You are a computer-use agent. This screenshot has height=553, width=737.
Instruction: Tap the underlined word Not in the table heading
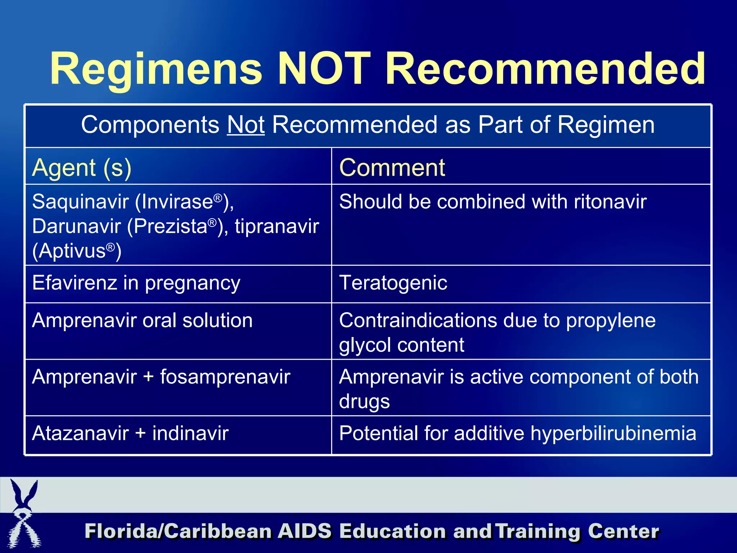point(246,125)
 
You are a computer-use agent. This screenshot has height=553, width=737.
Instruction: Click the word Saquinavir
point(80,201)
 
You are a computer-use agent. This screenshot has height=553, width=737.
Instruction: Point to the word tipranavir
point(277,226)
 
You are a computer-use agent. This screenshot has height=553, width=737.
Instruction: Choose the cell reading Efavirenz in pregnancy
point(136,283)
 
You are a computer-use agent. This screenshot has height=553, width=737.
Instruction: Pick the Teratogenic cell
point(393,283)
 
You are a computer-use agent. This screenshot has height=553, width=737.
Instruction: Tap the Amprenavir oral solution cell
point(142,320)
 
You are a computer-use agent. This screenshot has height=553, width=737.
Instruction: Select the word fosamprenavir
point(225,377)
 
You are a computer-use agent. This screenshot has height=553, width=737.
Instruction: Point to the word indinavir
point(190,433)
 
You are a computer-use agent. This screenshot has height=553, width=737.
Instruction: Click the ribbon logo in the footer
point(23,515)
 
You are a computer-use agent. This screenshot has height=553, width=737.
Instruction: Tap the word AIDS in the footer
point(304,531)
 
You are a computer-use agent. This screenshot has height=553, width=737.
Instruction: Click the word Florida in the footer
point(122,531)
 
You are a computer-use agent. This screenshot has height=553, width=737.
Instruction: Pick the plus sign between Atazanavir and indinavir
point(141,433)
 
